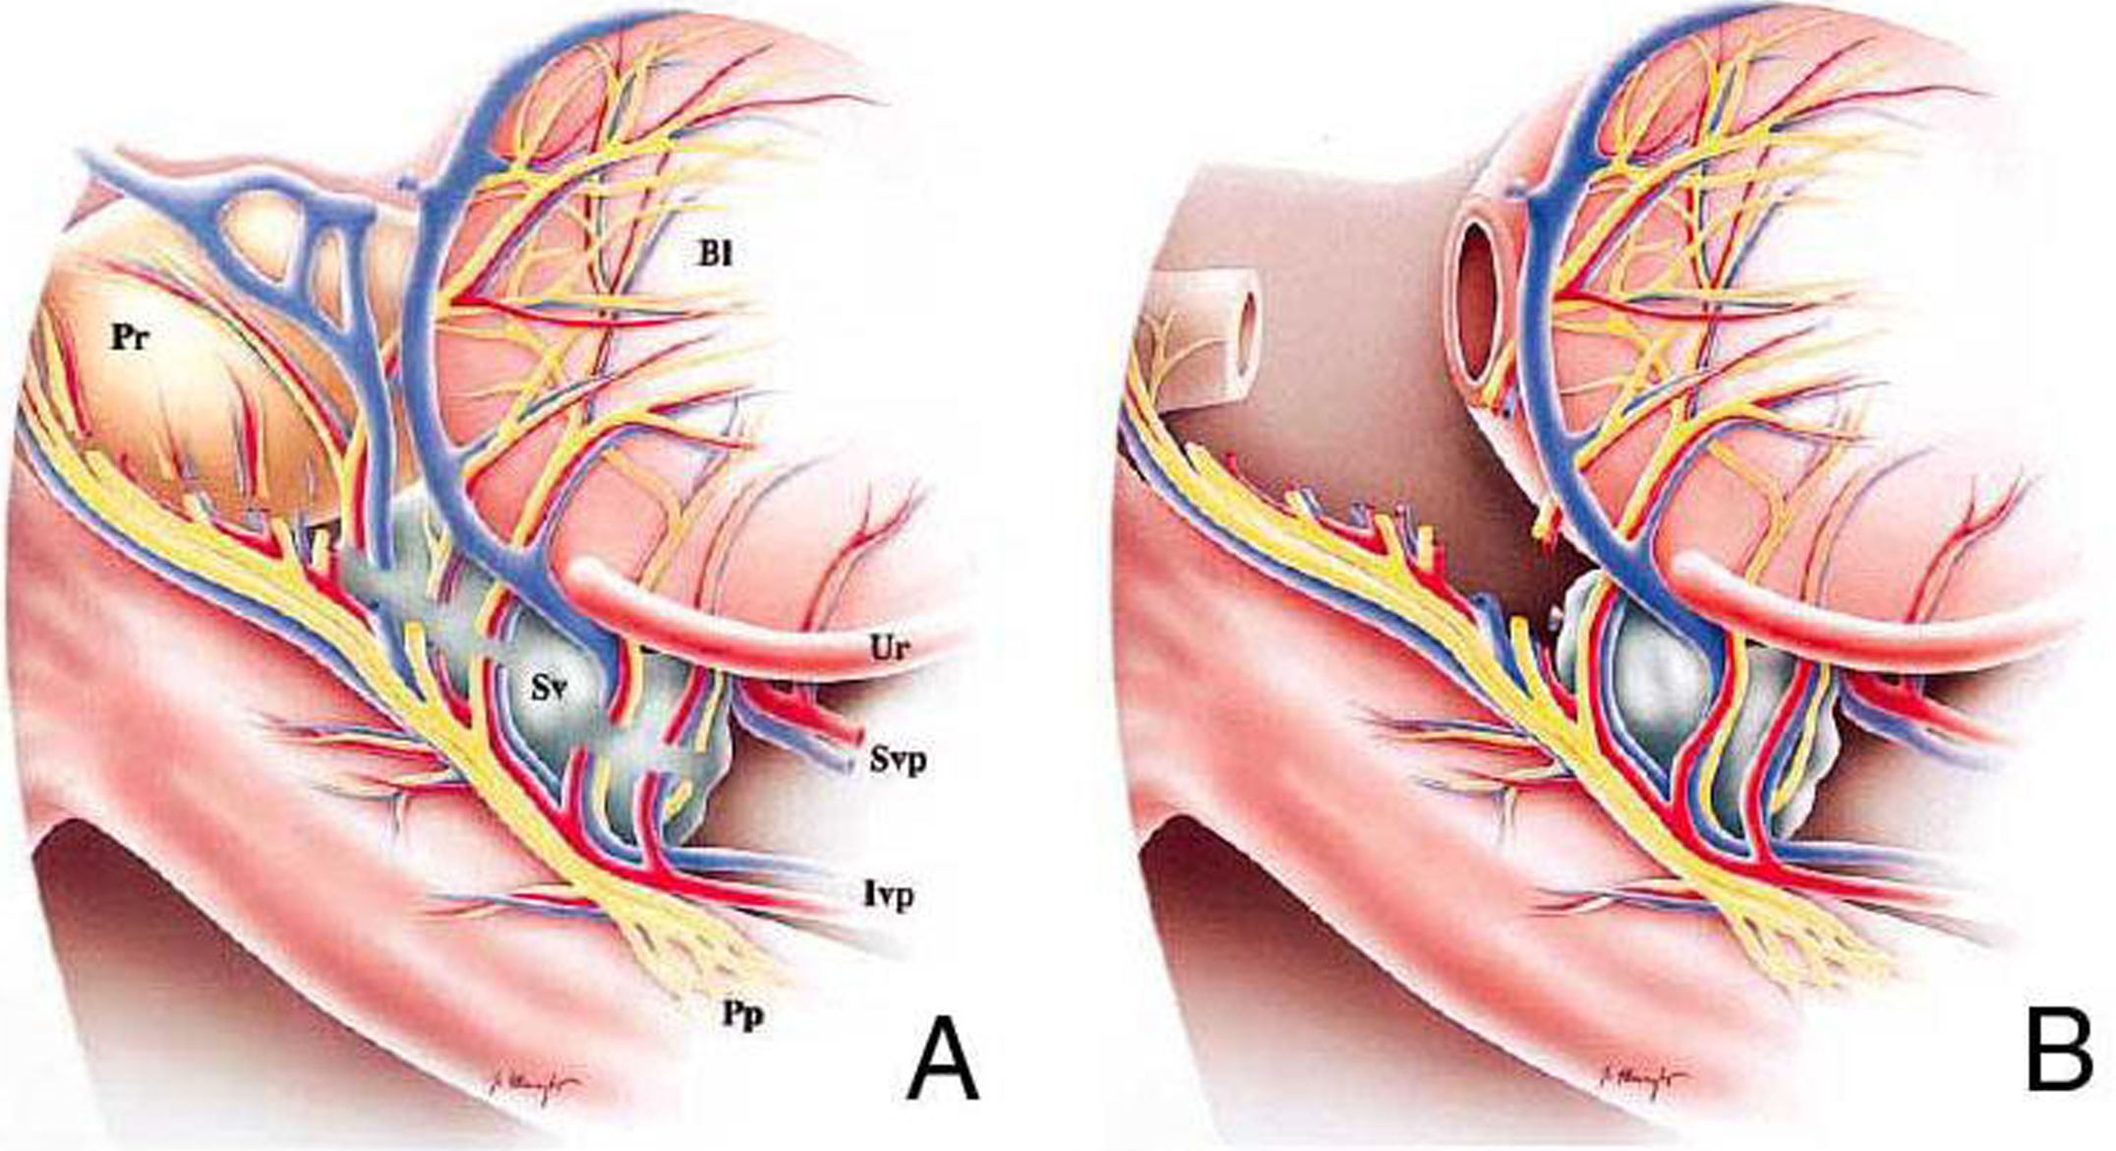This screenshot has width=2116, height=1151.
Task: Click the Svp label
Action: (x=897, y=759)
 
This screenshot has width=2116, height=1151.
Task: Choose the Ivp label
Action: (x=890, y=894)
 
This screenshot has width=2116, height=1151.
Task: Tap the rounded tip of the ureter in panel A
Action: (x=587, y=575)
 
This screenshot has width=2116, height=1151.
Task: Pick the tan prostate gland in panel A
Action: (x=197, y=394)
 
